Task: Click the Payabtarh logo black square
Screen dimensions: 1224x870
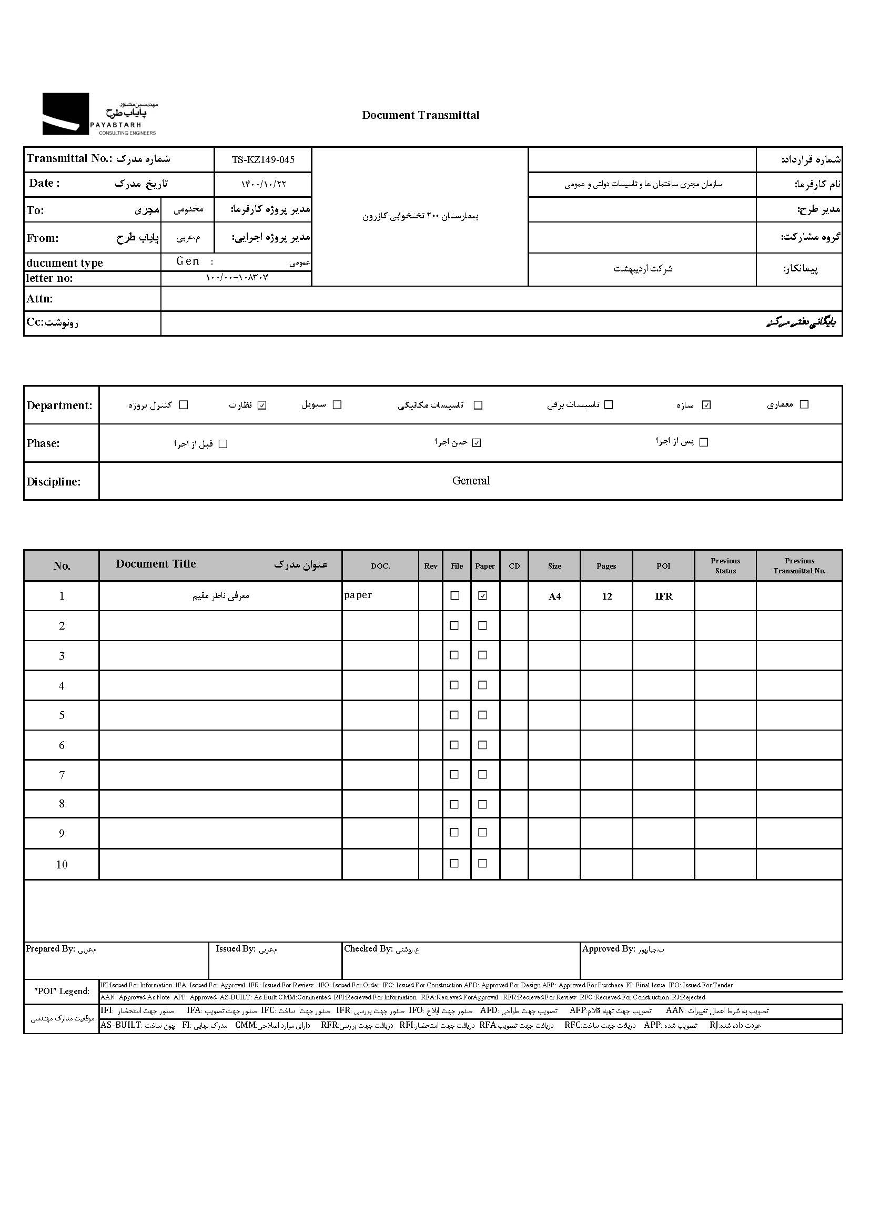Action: pos(65,114)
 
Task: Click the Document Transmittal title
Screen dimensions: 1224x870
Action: pos(421,115)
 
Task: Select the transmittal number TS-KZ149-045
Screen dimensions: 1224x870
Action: pos(263,159)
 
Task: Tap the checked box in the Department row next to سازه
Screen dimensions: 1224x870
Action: pos(706,405)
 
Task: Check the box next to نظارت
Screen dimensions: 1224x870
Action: pos(262,405)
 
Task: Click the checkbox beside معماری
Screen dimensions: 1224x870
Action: pos(804,404)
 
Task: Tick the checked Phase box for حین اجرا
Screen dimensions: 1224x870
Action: pos(477,443)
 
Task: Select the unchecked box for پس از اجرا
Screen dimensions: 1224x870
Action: pos(704,442)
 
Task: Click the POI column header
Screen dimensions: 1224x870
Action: pos(663,566)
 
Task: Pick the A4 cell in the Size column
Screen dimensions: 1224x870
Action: pos(554,596)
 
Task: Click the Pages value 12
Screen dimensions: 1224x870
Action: pos(606,596)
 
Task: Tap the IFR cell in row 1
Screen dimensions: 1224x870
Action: pos(663,596)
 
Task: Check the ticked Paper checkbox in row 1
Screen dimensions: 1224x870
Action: pos(483,595)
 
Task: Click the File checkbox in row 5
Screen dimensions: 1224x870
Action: pos(454,715)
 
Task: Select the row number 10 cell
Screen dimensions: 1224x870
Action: pos(62,865)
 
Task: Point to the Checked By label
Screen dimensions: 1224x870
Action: pos(369,949)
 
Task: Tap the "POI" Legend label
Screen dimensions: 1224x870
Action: pos(62,991)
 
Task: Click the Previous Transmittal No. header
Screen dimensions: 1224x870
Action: pos(800,565)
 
